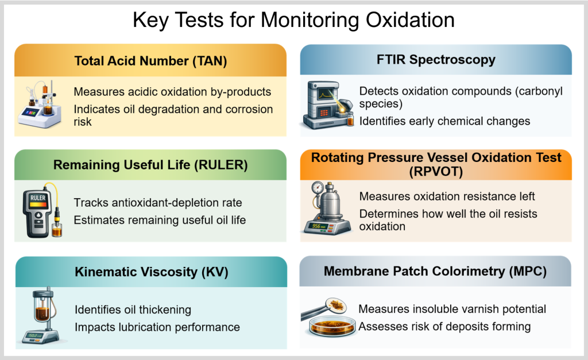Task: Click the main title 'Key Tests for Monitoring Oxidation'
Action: click(x=293, y=20)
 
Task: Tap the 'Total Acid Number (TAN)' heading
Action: click(x=151, y=61)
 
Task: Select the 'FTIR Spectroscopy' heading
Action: click(x=436, y=60)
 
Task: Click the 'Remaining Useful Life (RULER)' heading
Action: click(x=150, y=165)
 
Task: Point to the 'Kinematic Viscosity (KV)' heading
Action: click(x=152, y=272)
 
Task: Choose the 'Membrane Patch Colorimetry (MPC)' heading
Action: click(x=435, y=271)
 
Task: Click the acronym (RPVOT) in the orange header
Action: click(x=436, y=172)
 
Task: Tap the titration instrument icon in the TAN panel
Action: click(x=40, y=104)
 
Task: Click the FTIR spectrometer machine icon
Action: click(x=328, y=106)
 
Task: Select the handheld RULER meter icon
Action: click(x=42, y=210)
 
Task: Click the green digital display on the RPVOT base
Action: click(x=317, y=226)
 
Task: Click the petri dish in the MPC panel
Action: click(x=332, y=326)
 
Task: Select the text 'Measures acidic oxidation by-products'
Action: click(x=172, y=92)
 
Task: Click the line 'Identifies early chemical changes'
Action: click(x=445, y=121)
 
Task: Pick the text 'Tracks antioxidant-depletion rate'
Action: click(x=158, y=203)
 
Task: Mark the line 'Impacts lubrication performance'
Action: click(x=157, y=327)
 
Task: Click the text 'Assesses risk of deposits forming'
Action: click(x=445, y=326)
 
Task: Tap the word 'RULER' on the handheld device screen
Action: click(x=38, y=198)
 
